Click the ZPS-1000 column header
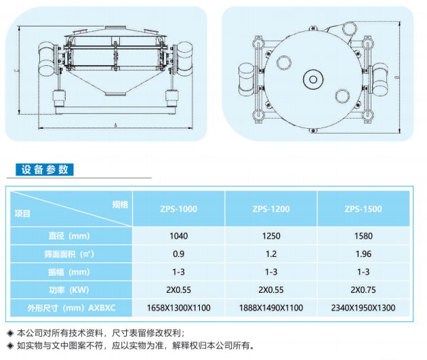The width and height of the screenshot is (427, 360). (178, 209)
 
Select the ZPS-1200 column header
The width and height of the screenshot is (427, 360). (271, 209)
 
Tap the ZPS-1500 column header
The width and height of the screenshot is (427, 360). (363, 209)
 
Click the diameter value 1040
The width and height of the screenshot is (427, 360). (179, 236)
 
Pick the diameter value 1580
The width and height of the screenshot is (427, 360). (363, 236)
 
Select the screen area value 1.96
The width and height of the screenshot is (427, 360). (363, 254)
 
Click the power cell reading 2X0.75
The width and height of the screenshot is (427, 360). (363, 289)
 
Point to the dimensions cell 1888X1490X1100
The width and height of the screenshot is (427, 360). (271, 308)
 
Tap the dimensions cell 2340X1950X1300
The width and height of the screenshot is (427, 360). (363, 308)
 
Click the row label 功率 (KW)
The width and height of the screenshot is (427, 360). (69, 289)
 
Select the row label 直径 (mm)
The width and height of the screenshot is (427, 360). (69, 236)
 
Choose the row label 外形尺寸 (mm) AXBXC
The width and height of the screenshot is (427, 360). (71, 308)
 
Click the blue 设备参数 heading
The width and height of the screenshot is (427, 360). (44, 169)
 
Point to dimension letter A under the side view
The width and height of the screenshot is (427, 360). (115, 125)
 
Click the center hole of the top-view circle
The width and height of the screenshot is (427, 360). (313, 79)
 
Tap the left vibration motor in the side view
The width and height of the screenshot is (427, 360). (46, 58)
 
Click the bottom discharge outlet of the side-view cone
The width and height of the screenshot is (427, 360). (115, 94)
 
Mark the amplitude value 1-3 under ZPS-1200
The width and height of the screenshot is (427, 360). (271, 272)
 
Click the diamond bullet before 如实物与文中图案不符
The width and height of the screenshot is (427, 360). (11, 346)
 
